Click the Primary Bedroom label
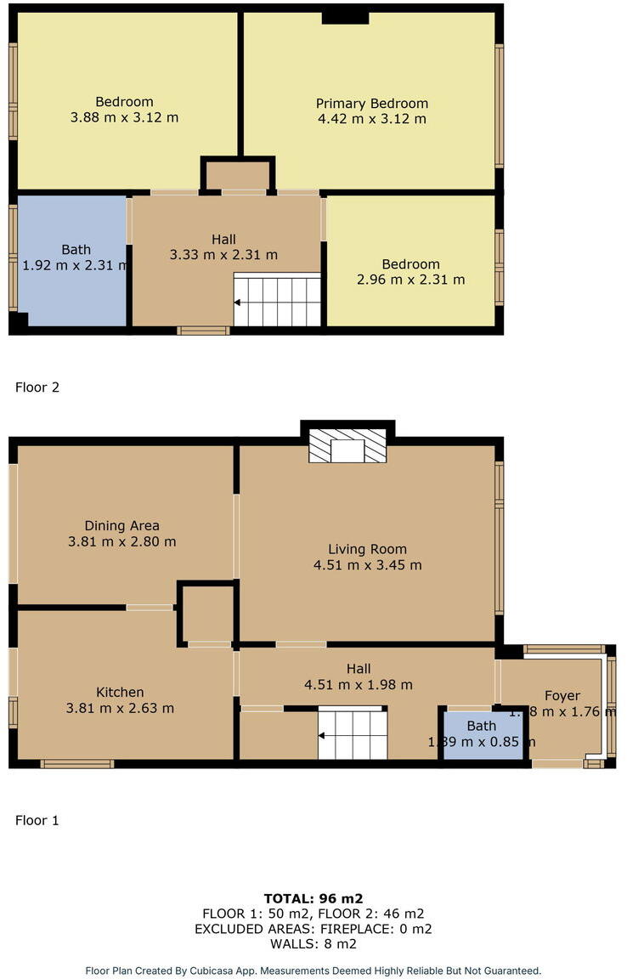point(372,104)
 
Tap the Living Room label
point(367,549)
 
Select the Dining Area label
point(121,525)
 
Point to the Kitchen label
point(120,692)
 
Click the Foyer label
point(562,695)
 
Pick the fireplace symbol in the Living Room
point(347,446)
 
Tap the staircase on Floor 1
point(353,735)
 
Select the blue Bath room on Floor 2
point(72,259)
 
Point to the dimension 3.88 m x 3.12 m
point(124,117)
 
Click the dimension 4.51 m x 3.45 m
point(367,564)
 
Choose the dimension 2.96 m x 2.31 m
point(410,279)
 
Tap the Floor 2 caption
point(37,388)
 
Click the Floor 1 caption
point(37,821)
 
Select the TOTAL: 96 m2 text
point(313,898)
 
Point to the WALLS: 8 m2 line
point(313,943)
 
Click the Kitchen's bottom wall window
point(77,764)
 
